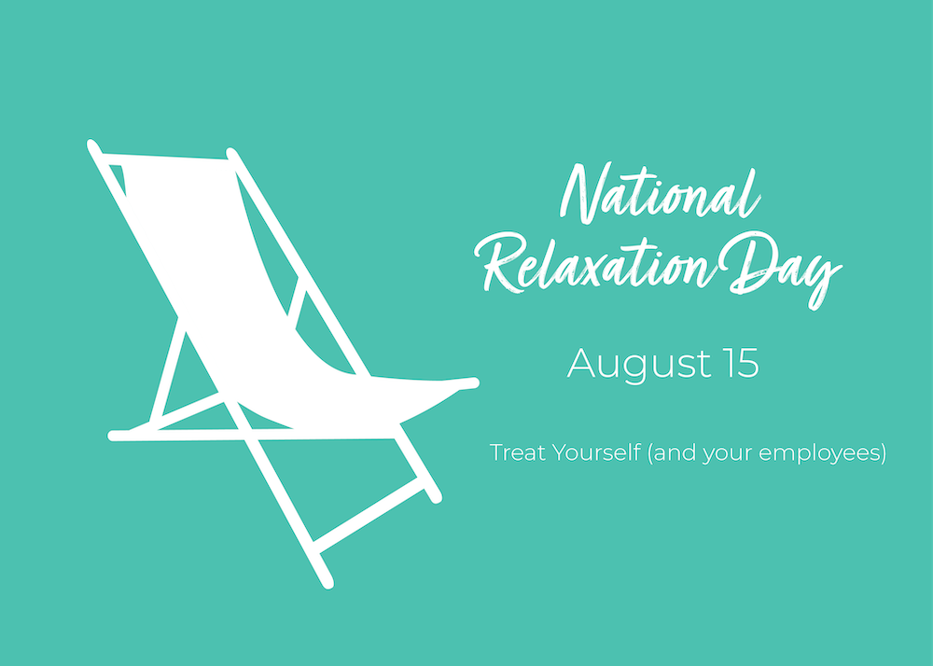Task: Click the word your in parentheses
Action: pos(738,455)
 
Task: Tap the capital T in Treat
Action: pos(496,453)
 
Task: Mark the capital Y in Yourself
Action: pos(558,453)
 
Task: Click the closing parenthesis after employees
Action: pos(882,454)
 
